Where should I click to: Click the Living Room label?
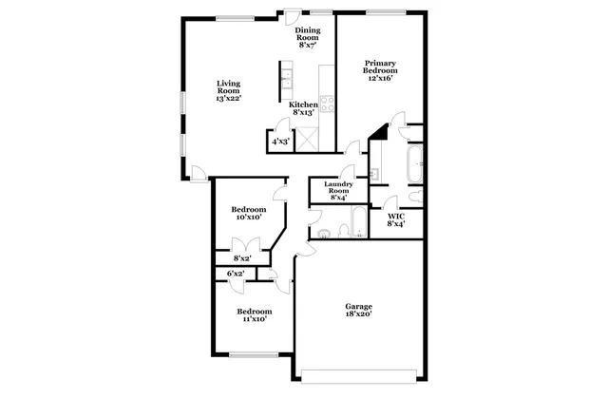[229, 89]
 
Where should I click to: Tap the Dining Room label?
[308, 37]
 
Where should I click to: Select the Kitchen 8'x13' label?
[304, 108]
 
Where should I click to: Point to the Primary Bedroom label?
[378, 70]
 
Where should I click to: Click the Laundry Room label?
[338, 190]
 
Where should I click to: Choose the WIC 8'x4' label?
[396, 219]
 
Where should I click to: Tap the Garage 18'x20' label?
[358, 311]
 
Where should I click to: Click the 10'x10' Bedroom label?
[248, 213]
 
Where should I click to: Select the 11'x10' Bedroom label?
[254, 315]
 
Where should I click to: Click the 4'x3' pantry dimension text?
[281, 142]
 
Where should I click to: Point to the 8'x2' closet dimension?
[242, 256]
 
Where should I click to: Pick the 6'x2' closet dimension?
[236, 274]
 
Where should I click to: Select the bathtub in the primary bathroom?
[414, 165]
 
